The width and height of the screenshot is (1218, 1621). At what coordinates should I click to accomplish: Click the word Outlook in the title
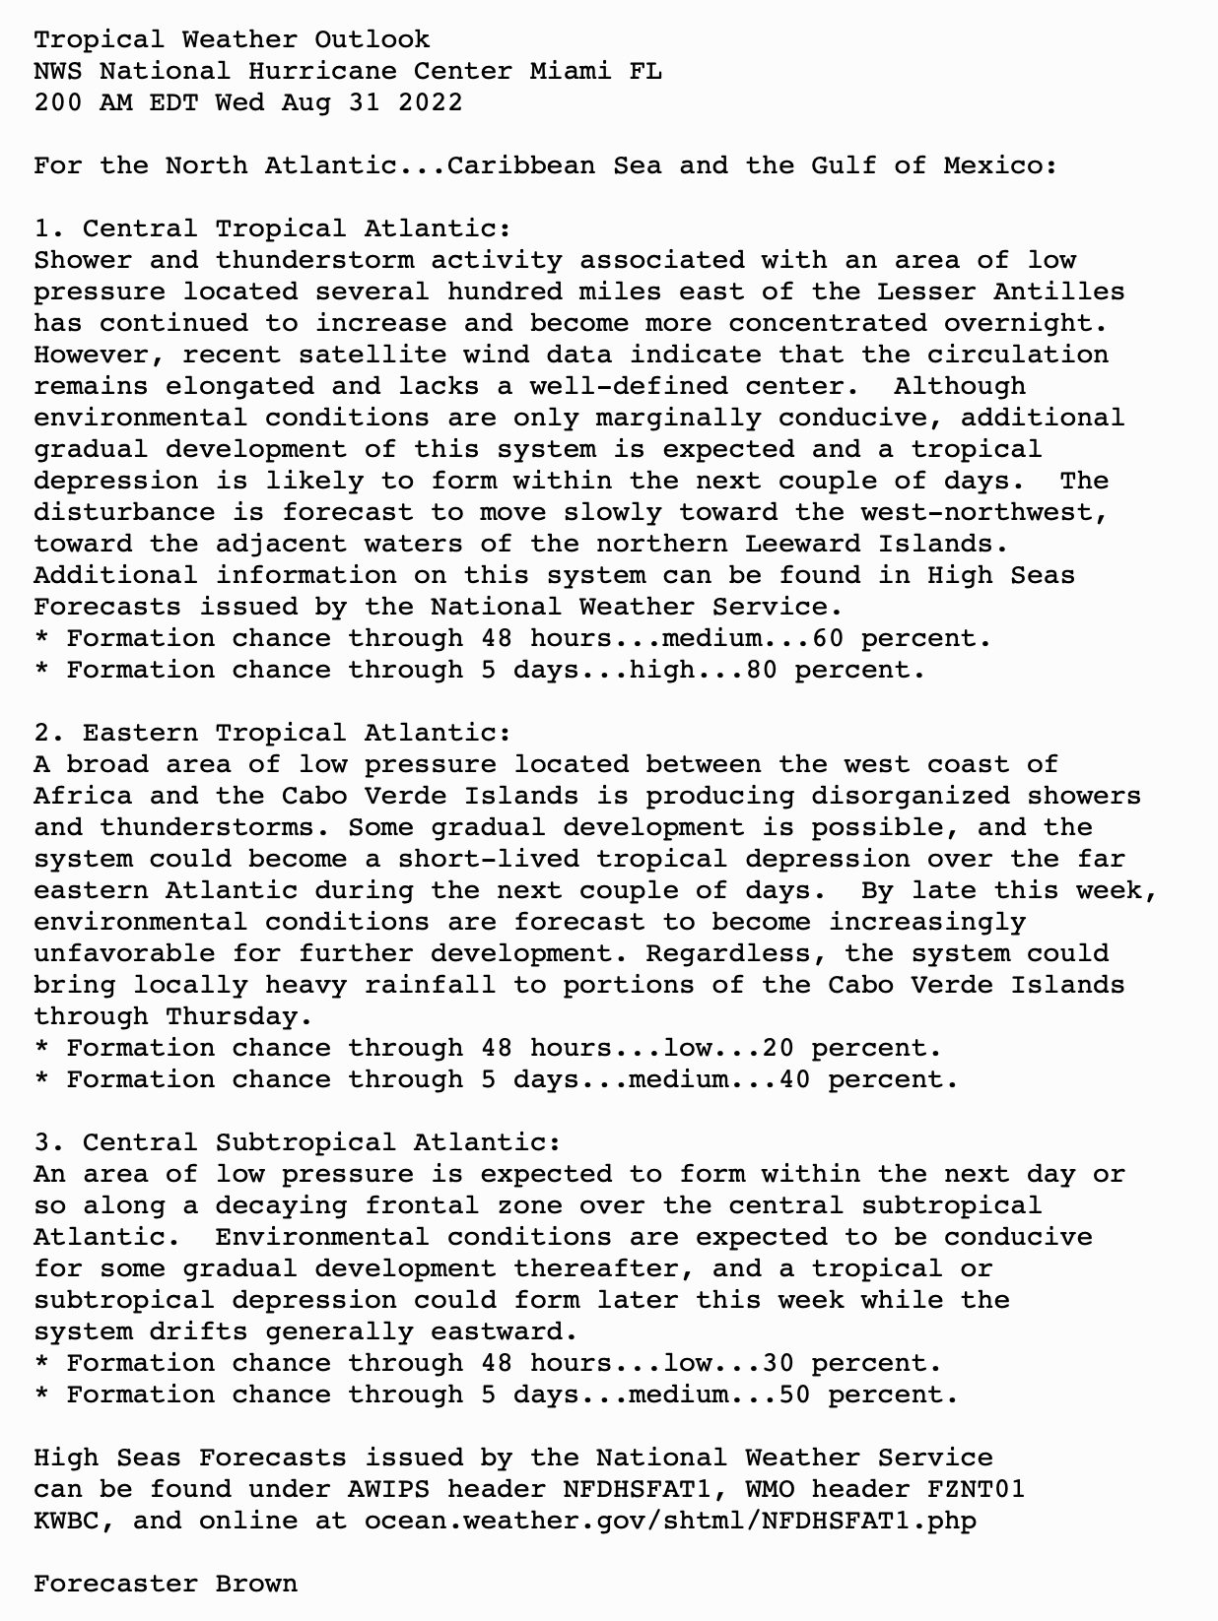coord(372,39)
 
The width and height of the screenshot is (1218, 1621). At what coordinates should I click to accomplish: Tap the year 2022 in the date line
coord(430,102)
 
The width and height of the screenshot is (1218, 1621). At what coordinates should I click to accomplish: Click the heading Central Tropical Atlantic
coord(296,228)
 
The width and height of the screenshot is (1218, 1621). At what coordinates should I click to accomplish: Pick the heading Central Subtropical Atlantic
coord(320,1142)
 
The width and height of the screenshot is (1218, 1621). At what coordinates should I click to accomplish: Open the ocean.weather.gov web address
coord(670,1521)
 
